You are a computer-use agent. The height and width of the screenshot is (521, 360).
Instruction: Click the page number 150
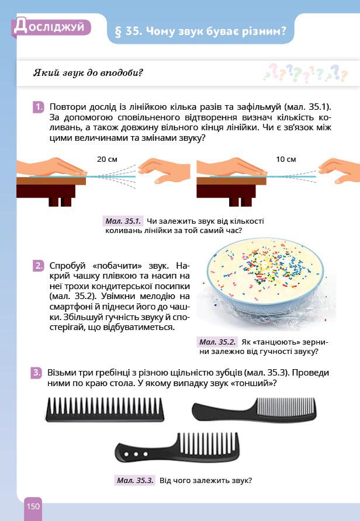33,506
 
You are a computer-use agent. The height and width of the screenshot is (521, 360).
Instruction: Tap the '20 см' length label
107,159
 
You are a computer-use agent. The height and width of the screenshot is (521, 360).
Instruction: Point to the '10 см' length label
286,159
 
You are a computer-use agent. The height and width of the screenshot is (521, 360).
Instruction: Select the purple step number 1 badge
39,107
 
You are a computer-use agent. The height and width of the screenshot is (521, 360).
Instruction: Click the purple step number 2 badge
39,266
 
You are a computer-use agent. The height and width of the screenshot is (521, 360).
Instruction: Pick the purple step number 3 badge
37,373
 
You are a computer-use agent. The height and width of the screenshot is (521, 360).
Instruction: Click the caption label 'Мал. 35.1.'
123,221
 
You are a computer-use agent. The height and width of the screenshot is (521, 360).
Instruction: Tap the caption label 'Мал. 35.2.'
218,342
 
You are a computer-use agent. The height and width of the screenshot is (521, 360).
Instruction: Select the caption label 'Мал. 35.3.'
135,481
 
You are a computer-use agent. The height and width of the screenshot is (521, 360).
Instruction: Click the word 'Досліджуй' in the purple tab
49,27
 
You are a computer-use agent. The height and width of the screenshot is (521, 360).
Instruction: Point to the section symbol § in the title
118,32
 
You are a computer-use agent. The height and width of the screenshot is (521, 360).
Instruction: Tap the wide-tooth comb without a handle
105,409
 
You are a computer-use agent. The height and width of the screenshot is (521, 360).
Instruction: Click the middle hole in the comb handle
136,454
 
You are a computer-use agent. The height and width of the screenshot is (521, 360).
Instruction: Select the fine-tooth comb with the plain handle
255,409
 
